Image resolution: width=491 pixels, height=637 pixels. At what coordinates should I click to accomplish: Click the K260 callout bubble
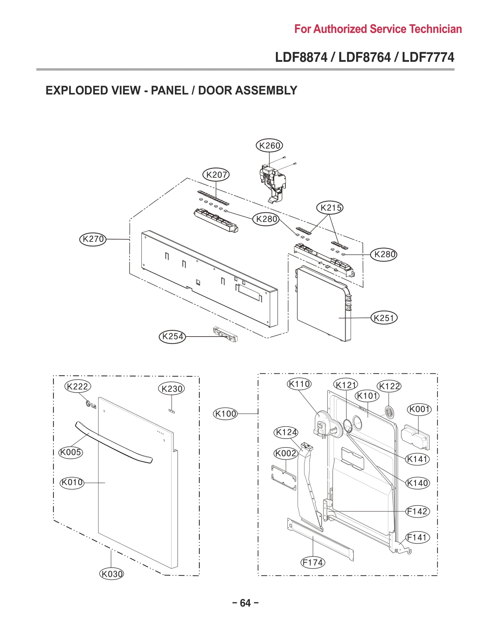(269, 145)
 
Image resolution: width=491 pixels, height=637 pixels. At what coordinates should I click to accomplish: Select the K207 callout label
(216, 175)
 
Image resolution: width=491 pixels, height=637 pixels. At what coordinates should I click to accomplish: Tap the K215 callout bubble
(330, 208)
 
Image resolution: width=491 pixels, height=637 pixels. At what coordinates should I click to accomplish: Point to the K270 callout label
(93, 239)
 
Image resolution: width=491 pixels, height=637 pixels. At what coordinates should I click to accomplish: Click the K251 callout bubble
(384, 318)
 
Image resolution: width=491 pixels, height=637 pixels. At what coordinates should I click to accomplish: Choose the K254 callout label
(172, 336)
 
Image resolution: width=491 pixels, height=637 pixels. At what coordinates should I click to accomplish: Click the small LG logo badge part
(91, 405)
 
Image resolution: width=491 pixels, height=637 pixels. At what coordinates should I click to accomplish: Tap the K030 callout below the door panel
(111, 574)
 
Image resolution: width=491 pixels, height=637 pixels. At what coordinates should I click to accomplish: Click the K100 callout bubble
(225, 414)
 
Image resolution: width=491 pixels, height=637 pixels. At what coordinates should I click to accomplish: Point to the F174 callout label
(312, 562)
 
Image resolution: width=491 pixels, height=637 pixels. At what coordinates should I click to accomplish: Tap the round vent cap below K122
(389, 412)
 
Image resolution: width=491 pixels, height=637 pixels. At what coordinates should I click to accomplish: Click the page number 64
(245, 603)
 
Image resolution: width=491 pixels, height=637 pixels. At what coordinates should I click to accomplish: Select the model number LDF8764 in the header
(365, 57)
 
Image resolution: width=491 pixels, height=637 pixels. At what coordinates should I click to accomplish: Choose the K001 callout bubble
(419, 409)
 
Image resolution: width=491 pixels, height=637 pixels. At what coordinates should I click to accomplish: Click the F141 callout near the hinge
(417, 537)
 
